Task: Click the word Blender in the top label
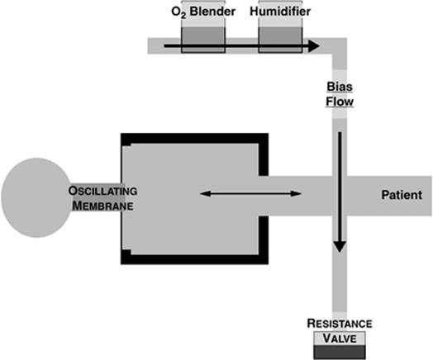click(x=212, y=12)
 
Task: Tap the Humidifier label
click(x=280, y=12)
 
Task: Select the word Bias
click(x=340, y=87)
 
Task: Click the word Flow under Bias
click(x=340, y=102)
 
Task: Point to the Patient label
click(x=402, y=195)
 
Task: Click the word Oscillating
click(x=102, y=191)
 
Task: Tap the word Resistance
click(x=340, y=324)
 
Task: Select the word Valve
click(x=340, y=339)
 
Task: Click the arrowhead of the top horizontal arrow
click(x=314, y=45)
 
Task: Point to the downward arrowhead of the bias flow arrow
click(x=340, y=247)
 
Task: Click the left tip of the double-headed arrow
click(x=200, y=194)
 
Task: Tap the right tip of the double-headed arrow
click(x=301, y=194)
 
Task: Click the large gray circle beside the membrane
click(x=36, y=197)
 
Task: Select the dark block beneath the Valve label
click(x=340, y=353)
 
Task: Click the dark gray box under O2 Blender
click(x=203, y=40)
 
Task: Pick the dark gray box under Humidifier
click(x=280, y=40)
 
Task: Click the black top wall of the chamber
click(x=194, y=138)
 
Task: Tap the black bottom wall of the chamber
click(x=194, y=259)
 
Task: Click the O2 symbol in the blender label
click(x=178, y=12)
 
